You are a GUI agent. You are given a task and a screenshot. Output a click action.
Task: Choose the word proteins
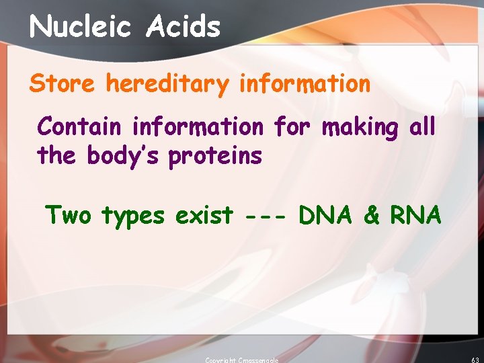coord(214,157)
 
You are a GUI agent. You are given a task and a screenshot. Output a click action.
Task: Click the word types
coord(132,216)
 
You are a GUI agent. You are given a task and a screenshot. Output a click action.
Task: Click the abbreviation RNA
coord(415,215)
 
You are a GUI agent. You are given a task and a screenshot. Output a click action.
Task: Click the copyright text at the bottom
coord(241,360)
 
